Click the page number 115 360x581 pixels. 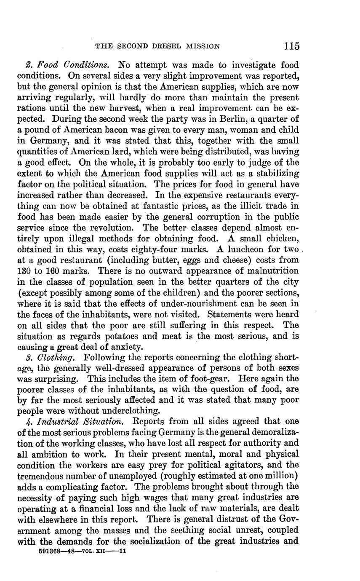click(291, 46)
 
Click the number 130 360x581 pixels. click(25, 271)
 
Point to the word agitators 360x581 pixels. click(248, 465)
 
